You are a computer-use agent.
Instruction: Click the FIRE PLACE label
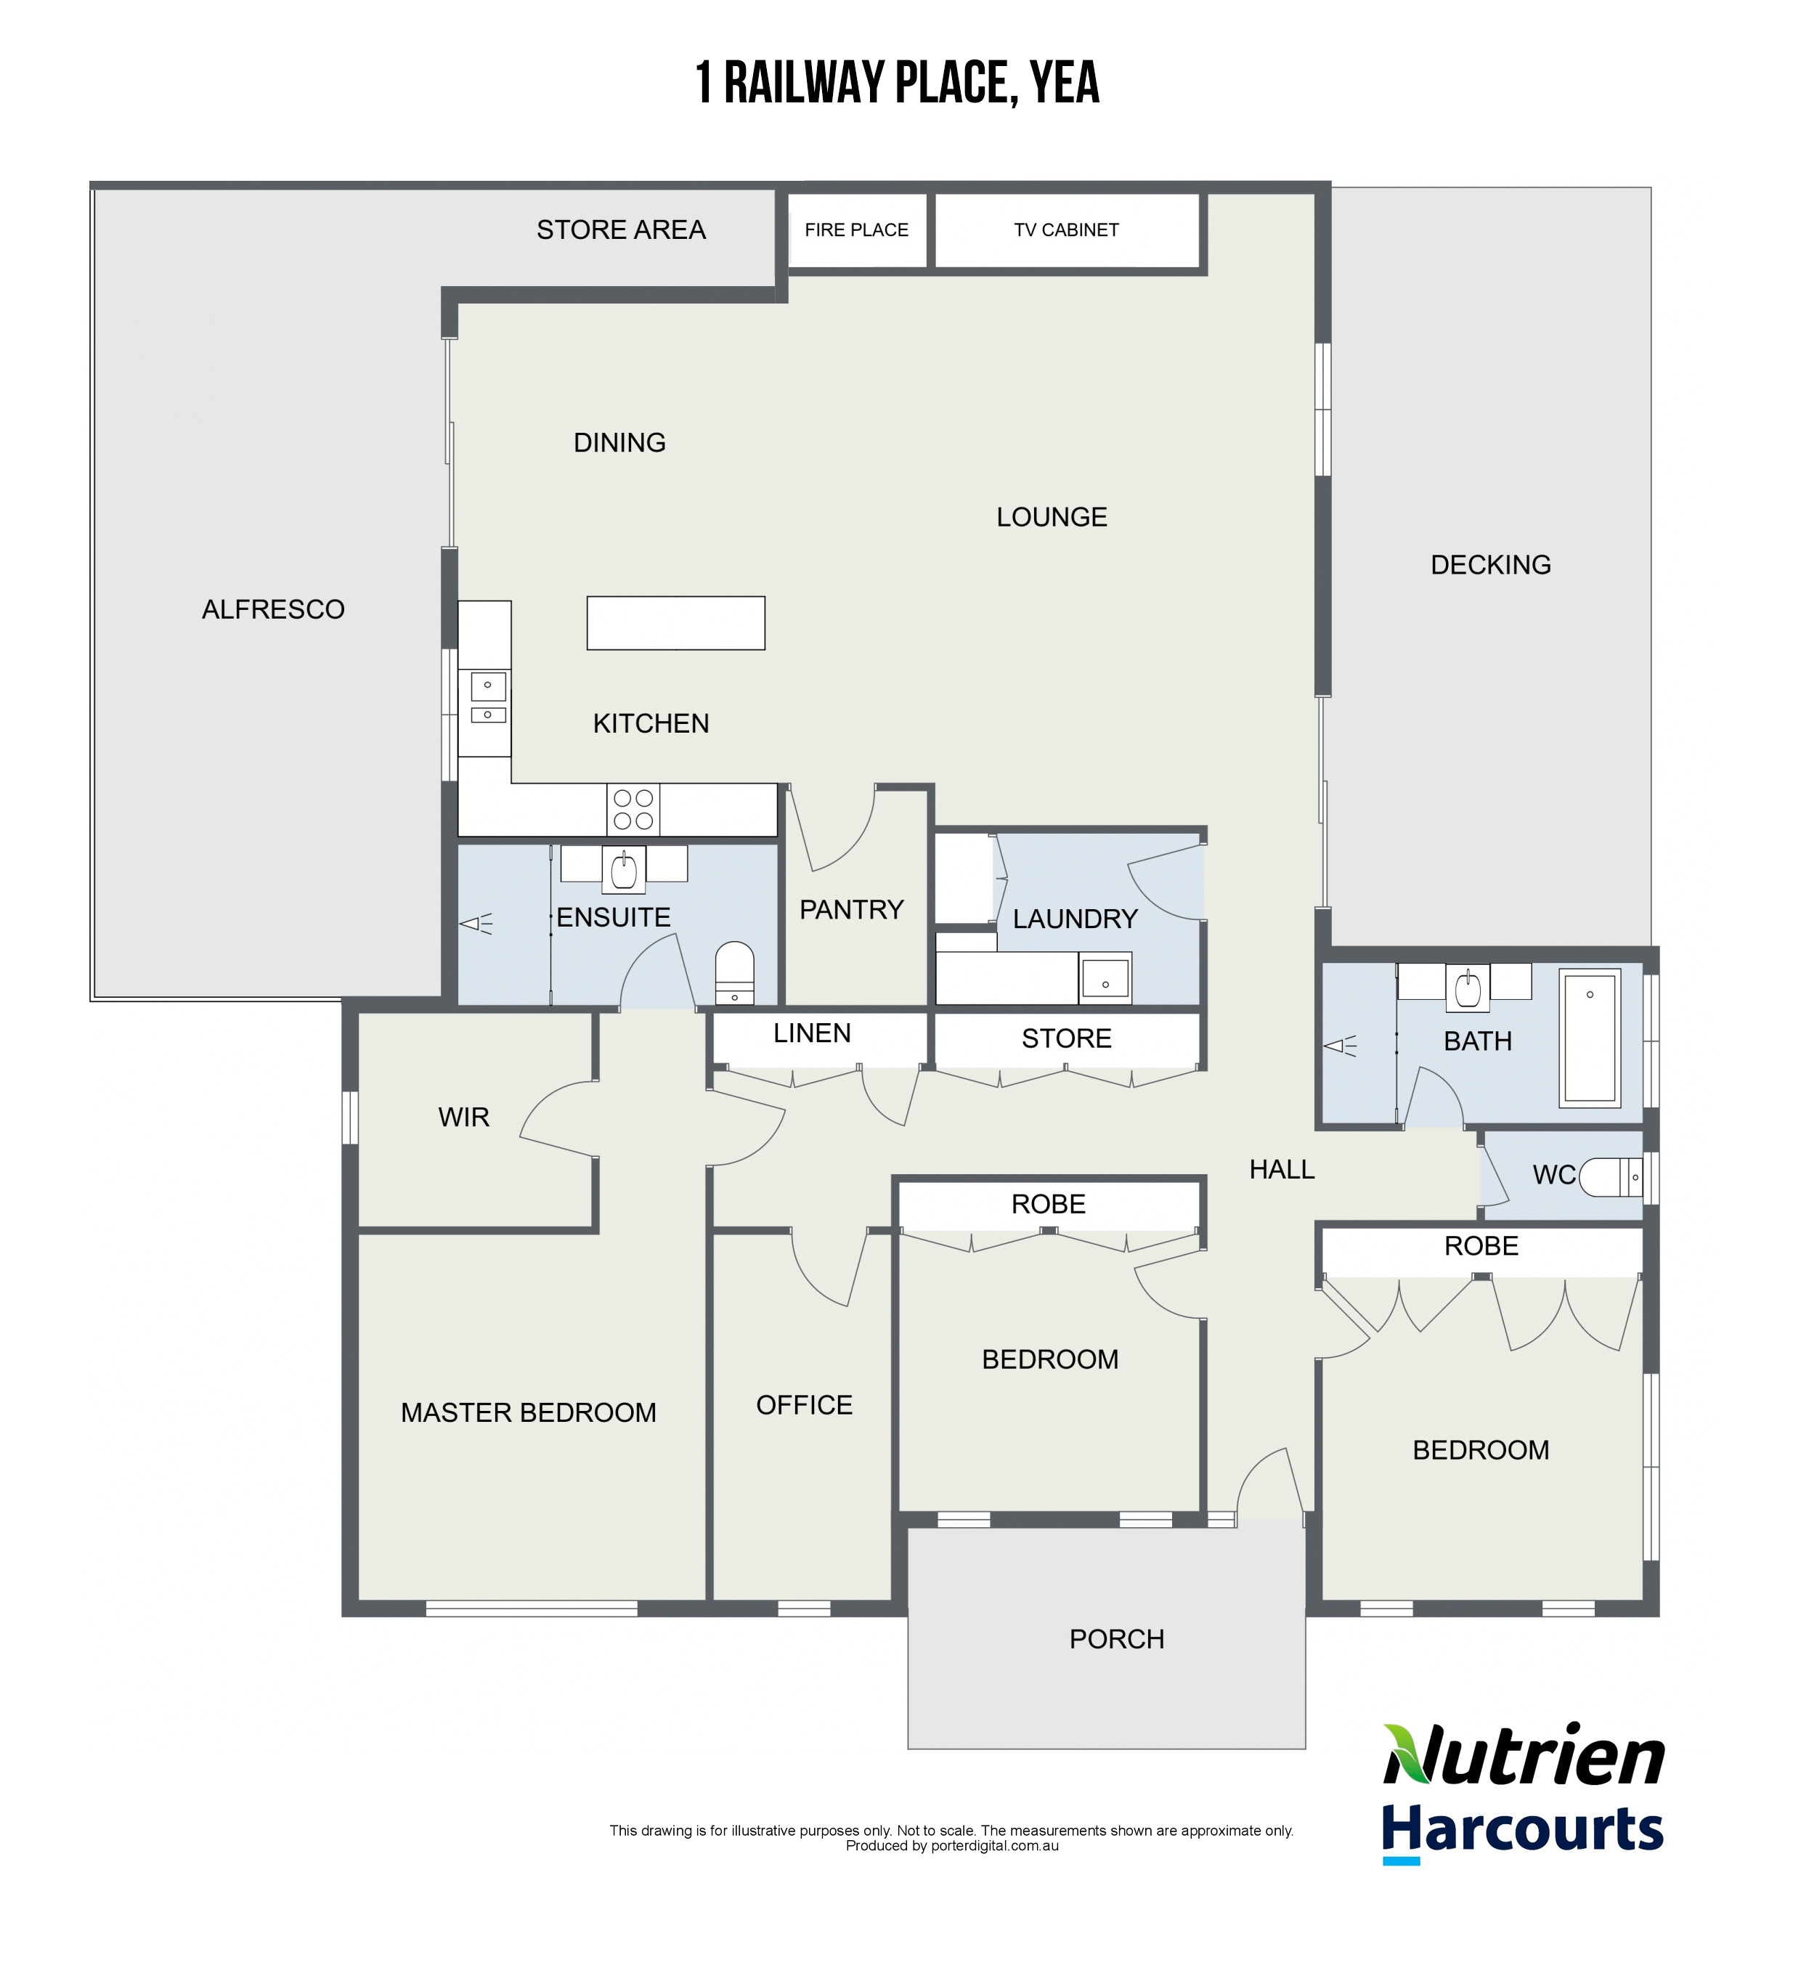(855, 230)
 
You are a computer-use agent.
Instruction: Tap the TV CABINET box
(1066, 230)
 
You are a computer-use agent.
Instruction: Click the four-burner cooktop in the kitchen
(633, 810)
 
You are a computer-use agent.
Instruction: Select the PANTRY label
(851, 910)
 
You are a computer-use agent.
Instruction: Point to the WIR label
(464, 1118)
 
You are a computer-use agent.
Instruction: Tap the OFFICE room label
(804, 1405)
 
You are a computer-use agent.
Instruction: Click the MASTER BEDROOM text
(529, 1412)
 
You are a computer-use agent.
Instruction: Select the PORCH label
(1116, 1639)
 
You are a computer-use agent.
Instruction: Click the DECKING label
(1489, 565)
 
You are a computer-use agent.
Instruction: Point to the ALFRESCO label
(273, 609)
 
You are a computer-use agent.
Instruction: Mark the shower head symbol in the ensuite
(476, 924)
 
